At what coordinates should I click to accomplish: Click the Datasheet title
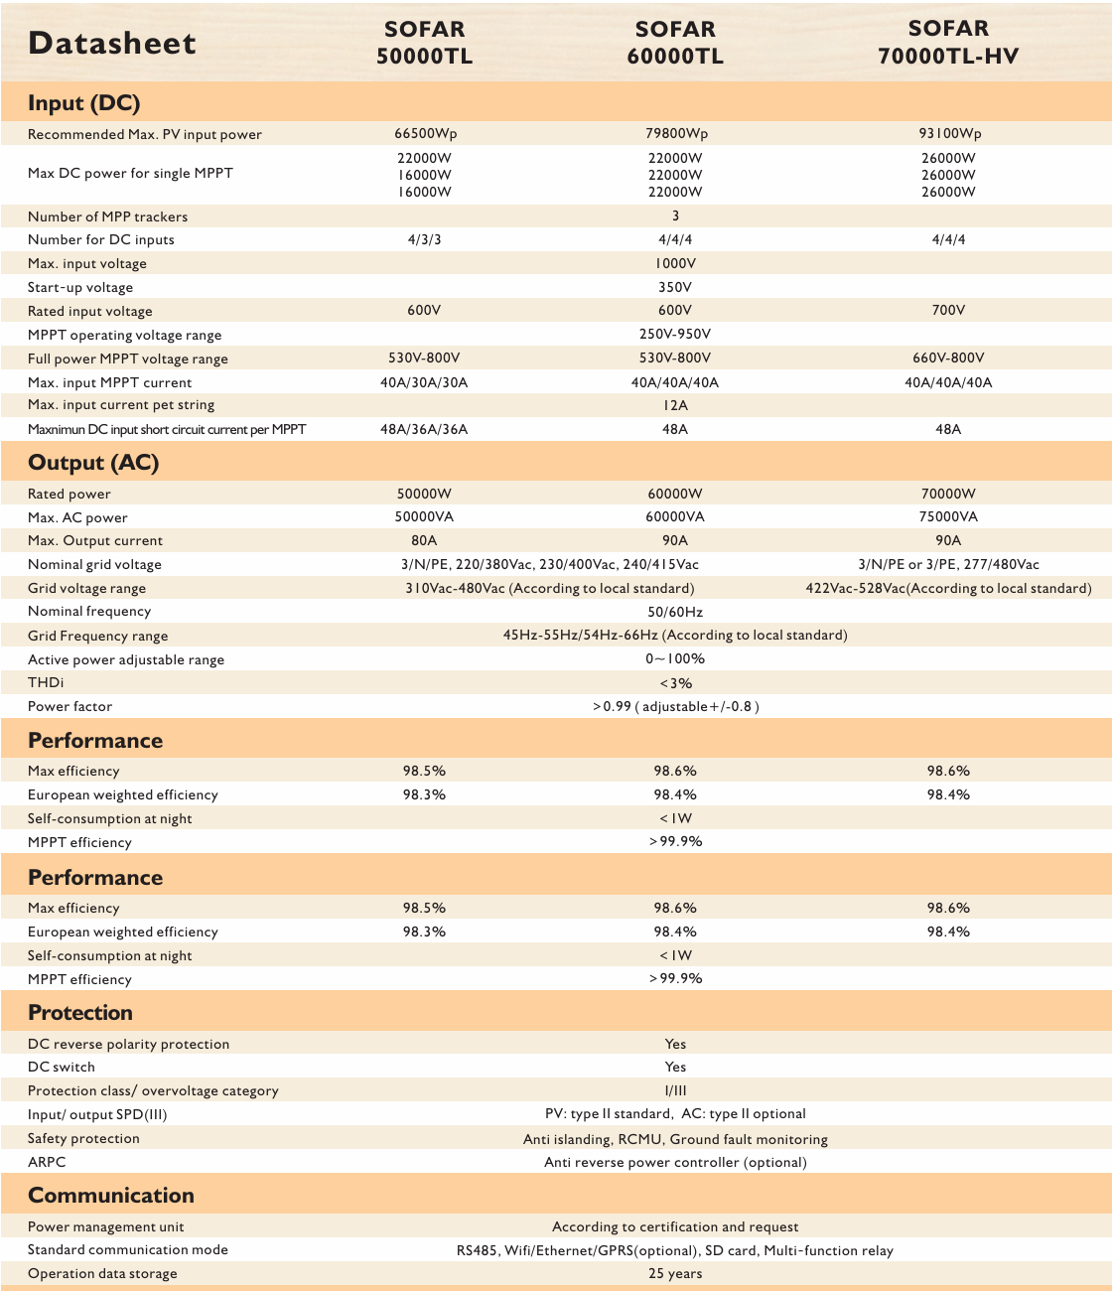coord(112,43)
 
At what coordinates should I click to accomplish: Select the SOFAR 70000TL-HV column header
coord(948,43)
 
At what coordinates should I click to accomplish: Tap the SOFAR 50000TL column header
coord(424,43)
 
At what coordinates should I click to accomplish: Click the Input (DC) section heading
coord(83,103)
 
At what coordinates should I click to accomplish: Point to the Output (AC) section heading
coord(93,463)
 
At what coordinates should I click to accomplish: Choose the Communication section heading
coord(111,1196)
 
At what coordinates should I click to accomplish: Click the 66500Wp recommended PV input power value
coord(425,134)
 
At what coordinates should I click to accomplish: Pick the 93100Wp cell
coord(948,134)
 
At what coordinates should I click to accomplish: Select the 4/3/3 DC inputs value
coord(424,239)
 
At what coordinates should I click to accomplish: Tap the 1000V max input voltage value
coord(675,263)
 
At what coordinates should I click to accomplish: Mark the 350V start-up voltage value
coord(675,287)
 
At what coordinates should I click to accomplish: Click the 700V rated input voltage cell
coord(948,311)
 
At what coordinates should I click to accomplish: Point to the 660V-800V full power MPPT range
coord(948,359)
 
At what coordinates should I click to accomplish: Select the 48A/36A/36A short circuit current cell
coord(424,430)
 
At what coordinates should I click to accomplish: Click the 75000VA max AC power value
coord(948,517)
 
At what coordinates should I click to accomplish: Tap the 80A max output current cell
coord(424,541)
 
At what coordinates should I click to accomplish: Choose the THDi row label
coord(46,683)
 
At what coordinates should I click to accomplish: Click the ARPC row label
coord(47,1162)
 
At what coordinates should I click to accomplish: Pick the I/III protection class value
coord(675,1090)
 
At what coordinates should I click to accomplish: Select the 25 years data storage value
coord(675,1274)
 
